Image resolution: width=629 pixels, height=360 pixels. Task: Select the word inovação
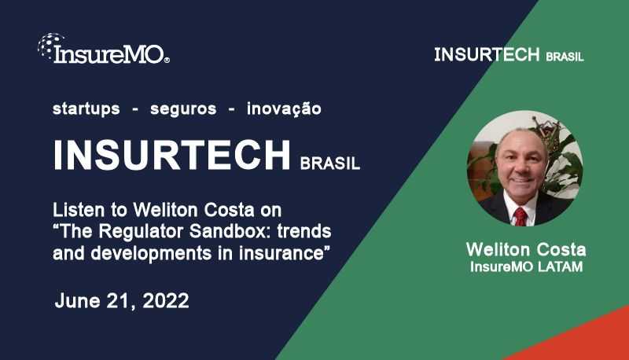tap(284, 109)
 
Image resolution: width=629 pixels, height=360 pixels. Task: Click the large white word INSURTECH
tap(172, 155)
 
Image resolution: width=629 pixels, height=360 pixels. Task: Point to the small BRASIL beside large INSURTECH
tap(330, 164)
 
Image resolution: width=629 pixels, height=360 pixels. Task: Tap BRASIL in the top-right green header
tap(565, 57)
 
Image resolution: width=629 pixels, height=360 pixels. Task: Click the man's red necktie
tap(520, 215)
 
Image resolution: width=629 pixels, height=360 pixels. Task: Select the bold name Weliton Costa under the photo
tap(526, 249)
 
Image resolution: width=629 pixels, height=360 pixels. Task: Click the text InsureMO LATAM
tap(526, 266)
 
